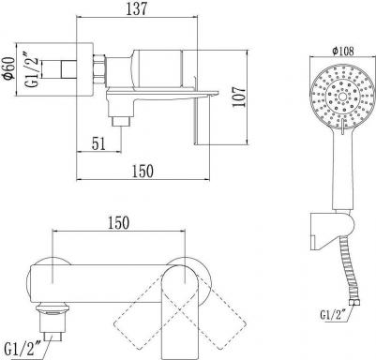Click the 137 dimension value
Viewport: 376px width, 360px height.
pos(136,9)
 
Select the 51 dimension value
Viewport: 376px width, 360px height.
pos(98,143)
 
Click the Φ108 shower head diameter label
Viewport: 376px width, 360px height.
pos(343,51)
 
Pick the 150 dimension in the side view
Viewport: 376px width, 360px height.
pos(143,172)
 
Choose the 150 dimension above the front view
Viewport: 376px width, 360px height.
pos(118,223)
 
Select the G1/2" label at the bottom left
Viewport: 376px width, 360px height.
pos(23,348)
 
